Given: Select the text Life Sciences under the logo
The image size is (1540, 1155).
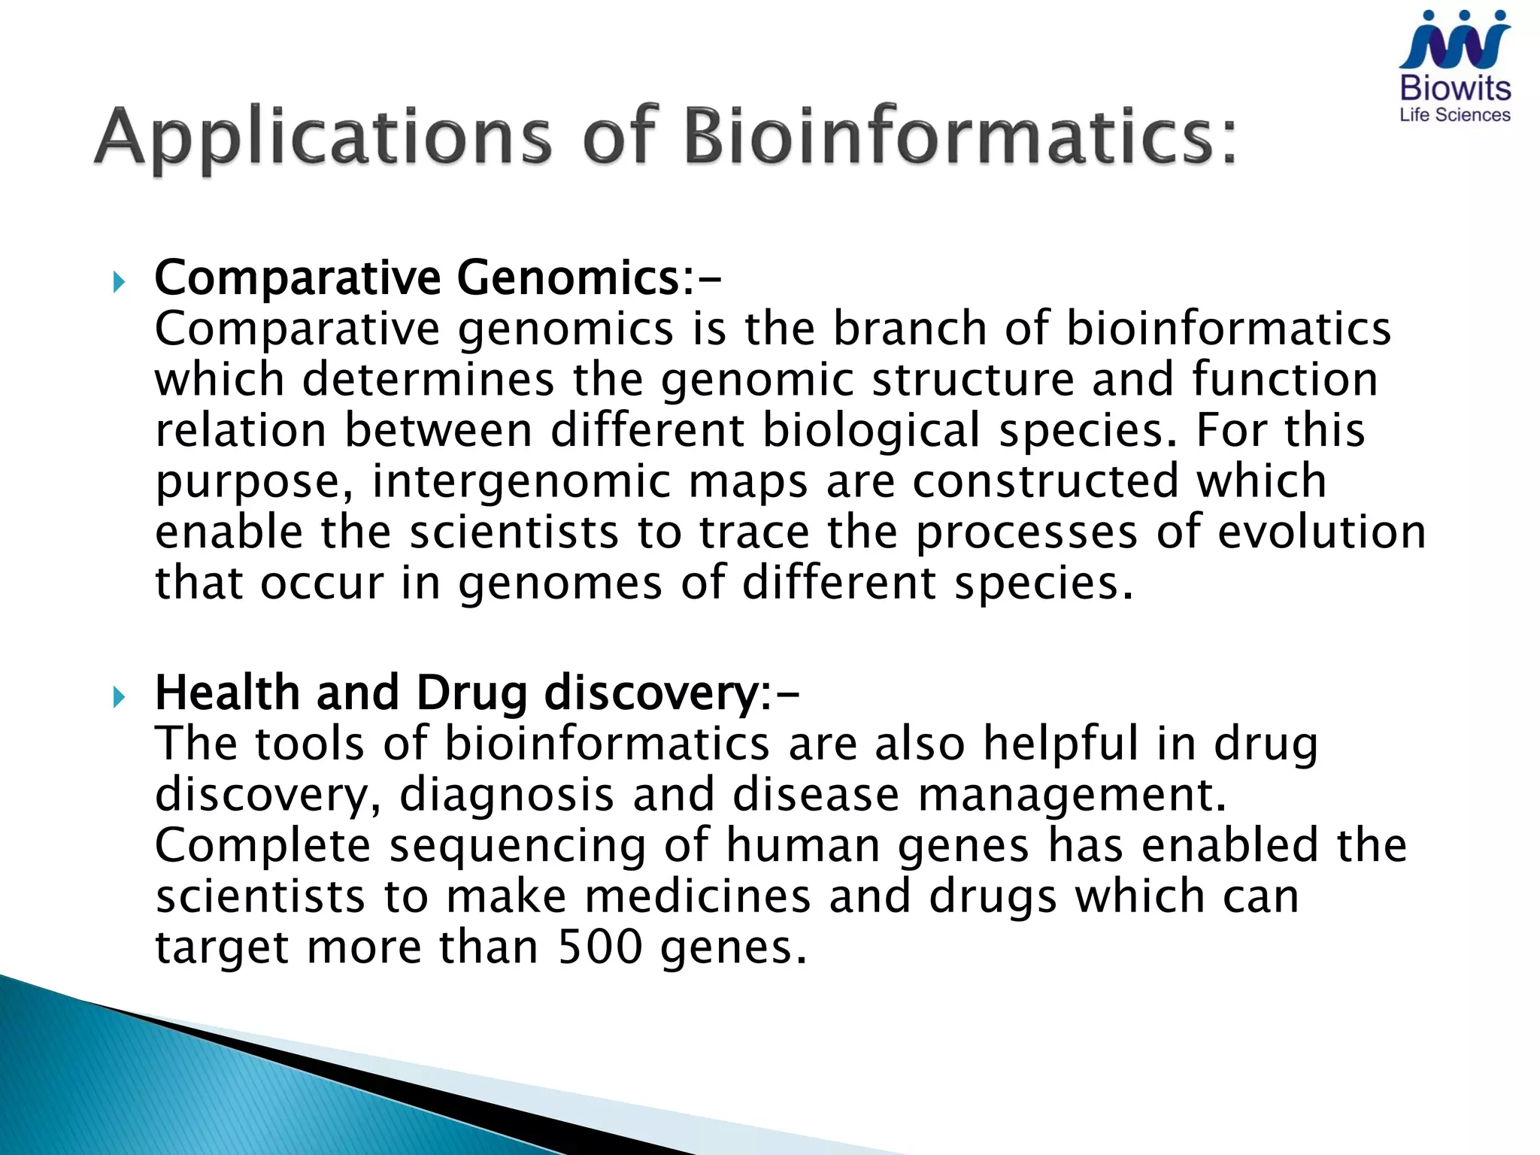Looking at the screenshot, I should click(x=1454, y=115).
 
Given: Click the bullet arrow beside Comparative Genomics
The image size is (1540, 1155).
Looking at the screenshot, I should click(x=119, y=283).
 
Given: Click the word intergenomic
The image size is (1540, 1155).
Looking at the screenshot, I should click(x=520, y=481).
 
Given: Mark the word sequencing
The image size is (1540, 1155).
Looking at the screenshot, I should click(x=517, y=845).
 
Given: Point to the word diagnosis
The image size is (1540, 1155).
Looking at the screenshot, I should click(x=505, y=795).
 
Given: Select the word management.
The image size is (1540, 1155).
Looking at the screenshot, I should click(x=1072, y=795).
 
